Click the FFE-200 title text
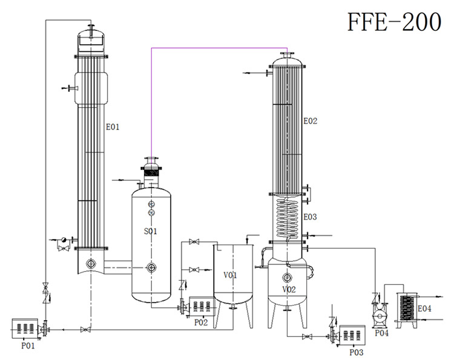(393, 22)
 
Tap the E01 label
(113, 127)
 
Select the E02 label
(310, 121)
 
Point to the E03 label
(310, 216)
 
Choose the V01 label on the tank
(229, 275)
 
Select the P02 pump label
(201, 322)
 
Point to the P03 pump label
(357, 352)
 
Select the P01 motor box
(24, 329)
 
